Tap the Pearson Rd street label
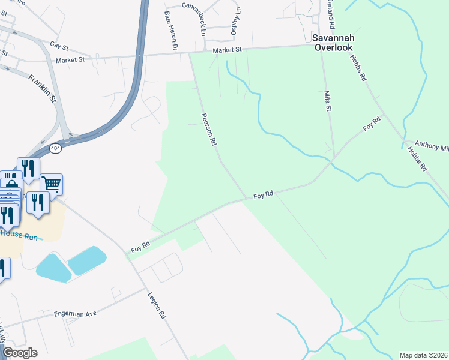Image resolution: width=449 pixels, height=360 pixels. click(x=208, y=130)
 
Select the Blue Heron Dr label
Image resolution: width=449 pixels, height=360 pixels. click(x=172, y=31)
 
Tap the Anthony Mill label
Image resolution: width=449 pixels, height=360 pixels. click(x=432, y=146)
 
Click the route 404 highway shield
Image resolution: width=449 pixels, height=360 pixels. click(x=55, y=148)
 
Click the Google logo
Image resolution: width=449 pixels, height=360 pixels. click(x=20, y=353)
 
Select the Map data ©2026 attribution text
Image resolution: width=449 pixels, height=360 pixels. click(x=423, y=355)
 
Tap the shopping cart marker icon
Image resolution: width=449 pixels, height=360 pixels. click(x=52, y=185)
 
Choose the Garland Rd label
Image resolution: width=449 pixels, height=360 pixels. click(x=331, y=17)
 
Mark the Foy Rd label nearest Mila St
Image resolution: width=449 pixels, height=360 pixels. click(x=372, y=125)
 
